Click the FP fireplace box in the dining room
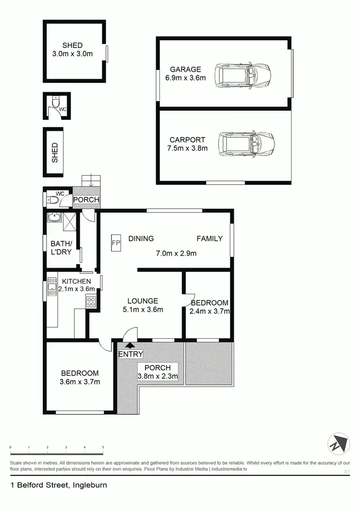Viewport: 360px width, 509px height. pos(116,242)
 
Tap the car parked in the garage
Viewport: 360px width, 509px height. pos(243,75)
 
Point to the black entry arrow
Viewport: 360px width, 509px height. pos(130,344)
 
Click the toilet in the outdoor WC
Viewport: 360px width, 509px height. pos(56,103)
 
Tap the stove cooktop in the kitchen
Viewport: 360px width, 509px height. pos(91,302)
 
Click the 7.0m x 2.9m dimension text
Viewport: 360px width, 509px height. pos(176,253)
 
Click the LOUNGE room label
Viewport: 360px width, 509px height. pos(143,301)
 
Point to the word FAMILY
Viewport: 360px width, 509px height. pos(210,238)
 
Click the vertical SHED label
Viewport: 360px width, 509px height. pos(55,152)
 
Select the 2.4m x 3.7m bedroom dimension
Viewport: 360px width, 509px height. pos(210,311)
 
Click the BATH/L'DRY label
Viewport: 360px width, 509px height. pos(61,247)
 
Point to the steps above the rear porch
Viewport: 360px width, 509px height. pos(91,181)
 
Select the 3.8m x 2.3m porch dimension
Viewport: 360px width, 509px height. pos(158,377)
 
